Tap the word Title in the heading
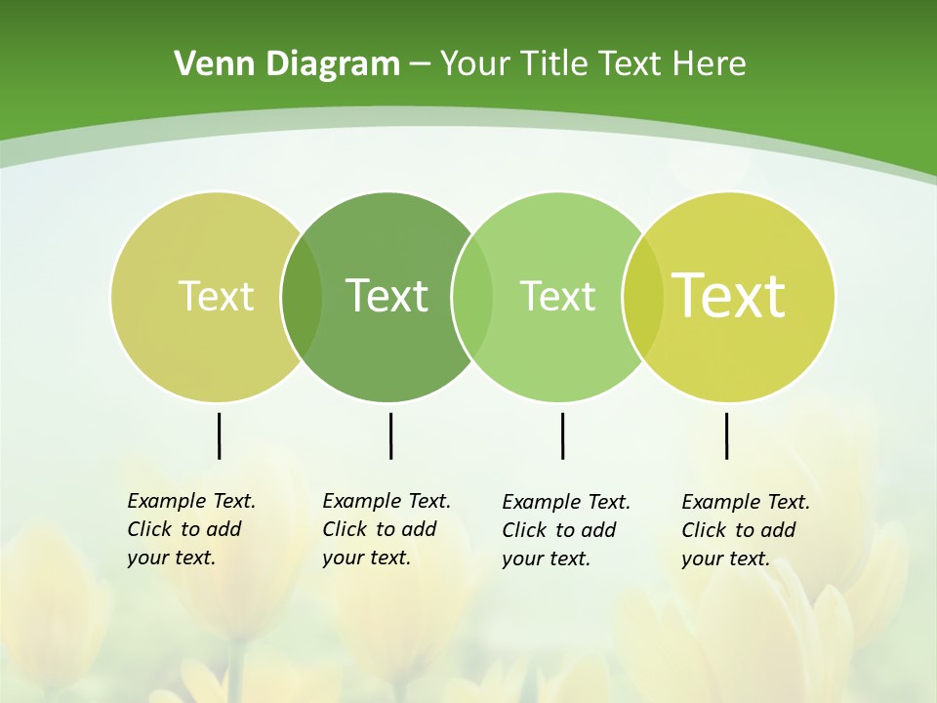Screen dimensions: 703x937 [x=555, y=64]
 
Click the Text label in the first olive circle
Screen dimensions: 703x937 [x=216, y=296]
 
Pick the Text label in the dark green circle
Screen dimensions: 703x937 [x=387, y=296]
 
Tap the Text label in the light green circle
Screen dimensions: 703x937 [x=557, y=296]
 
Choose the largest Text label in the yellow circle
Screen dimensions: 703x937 [x=729, y=296]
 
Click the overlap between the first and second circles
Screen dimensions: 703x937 [x=302, y=297]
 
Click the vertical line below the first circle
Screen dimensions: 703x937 [x=219, y=435]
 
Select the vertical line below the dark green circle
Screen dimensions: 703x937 [x=390, y=435]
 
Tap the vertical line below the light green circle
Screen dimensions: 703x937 [x=562, y=435]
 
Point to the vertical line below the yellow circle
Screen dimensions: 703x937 [x=726, y=435]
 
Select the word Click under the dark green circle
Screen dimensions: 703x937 [x=345, y=529]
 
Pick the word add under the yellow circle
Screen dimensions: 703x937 [x=778, y=530]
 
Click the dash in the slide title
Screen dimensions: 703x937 [x=420, y=65]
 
